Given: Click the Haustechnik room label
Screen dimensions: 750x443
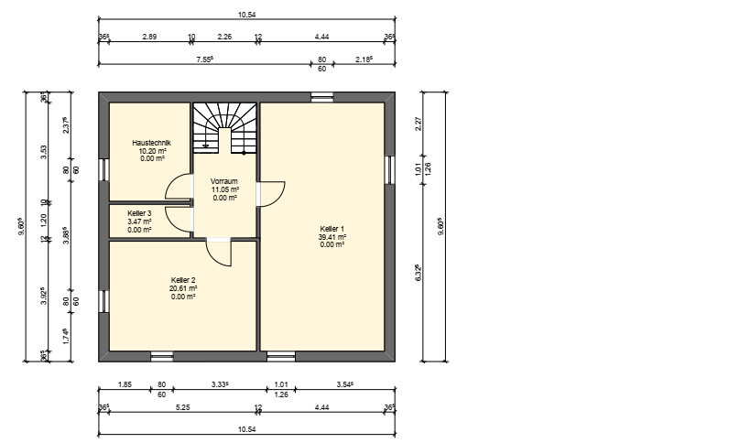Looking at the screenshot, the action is [x=151, y=143].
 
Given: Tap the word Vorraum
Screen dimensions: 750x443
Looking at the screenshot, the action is [x=223, y=181].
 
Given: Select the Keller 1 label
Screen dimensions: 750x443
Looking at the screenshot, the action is [x=332, y=229].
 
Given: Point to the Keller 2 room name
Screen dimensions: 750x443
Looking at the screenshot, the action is [x=183, y=280].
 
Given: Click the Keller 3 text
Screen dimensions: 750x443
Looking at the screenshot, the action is [x=139, y=213].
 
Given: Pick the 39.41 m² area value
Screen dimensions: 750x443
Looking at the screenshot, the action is [x=332, y=236].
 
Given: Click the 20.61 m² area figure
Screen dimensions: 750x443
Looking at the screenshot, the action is [x=183, y=288].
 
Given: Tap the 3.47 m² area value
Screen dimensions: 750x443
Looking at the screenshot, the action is [x=139, y=221].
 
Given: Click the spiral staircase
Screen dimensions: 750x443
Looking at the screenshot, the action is [x=224, y=127].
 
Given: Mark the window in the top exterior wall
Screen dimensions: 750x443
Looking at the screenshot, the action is [x=322, y=98].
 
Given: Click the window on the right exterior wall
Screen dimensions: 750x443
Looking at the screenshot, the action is [x=389, y=169].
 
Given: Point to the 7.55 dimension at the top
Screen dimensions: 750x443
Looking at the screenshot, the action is [x=205, y=59].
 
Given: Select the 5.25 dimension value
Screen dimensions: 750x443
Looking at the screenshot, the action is [x=183, y=407].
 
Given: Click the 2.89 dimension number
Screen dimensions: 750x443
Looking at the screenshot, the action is [x=149, y=37].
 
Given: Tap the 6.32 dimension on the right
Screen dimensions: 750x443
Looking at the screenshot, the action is [x=418, y=273].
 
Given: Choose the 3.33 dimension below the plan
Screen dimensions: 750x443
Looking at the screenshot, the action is [x=220, y=384].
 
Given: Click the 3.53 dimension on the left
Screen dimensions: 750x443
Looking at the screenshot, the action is [x=44, y=152].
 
